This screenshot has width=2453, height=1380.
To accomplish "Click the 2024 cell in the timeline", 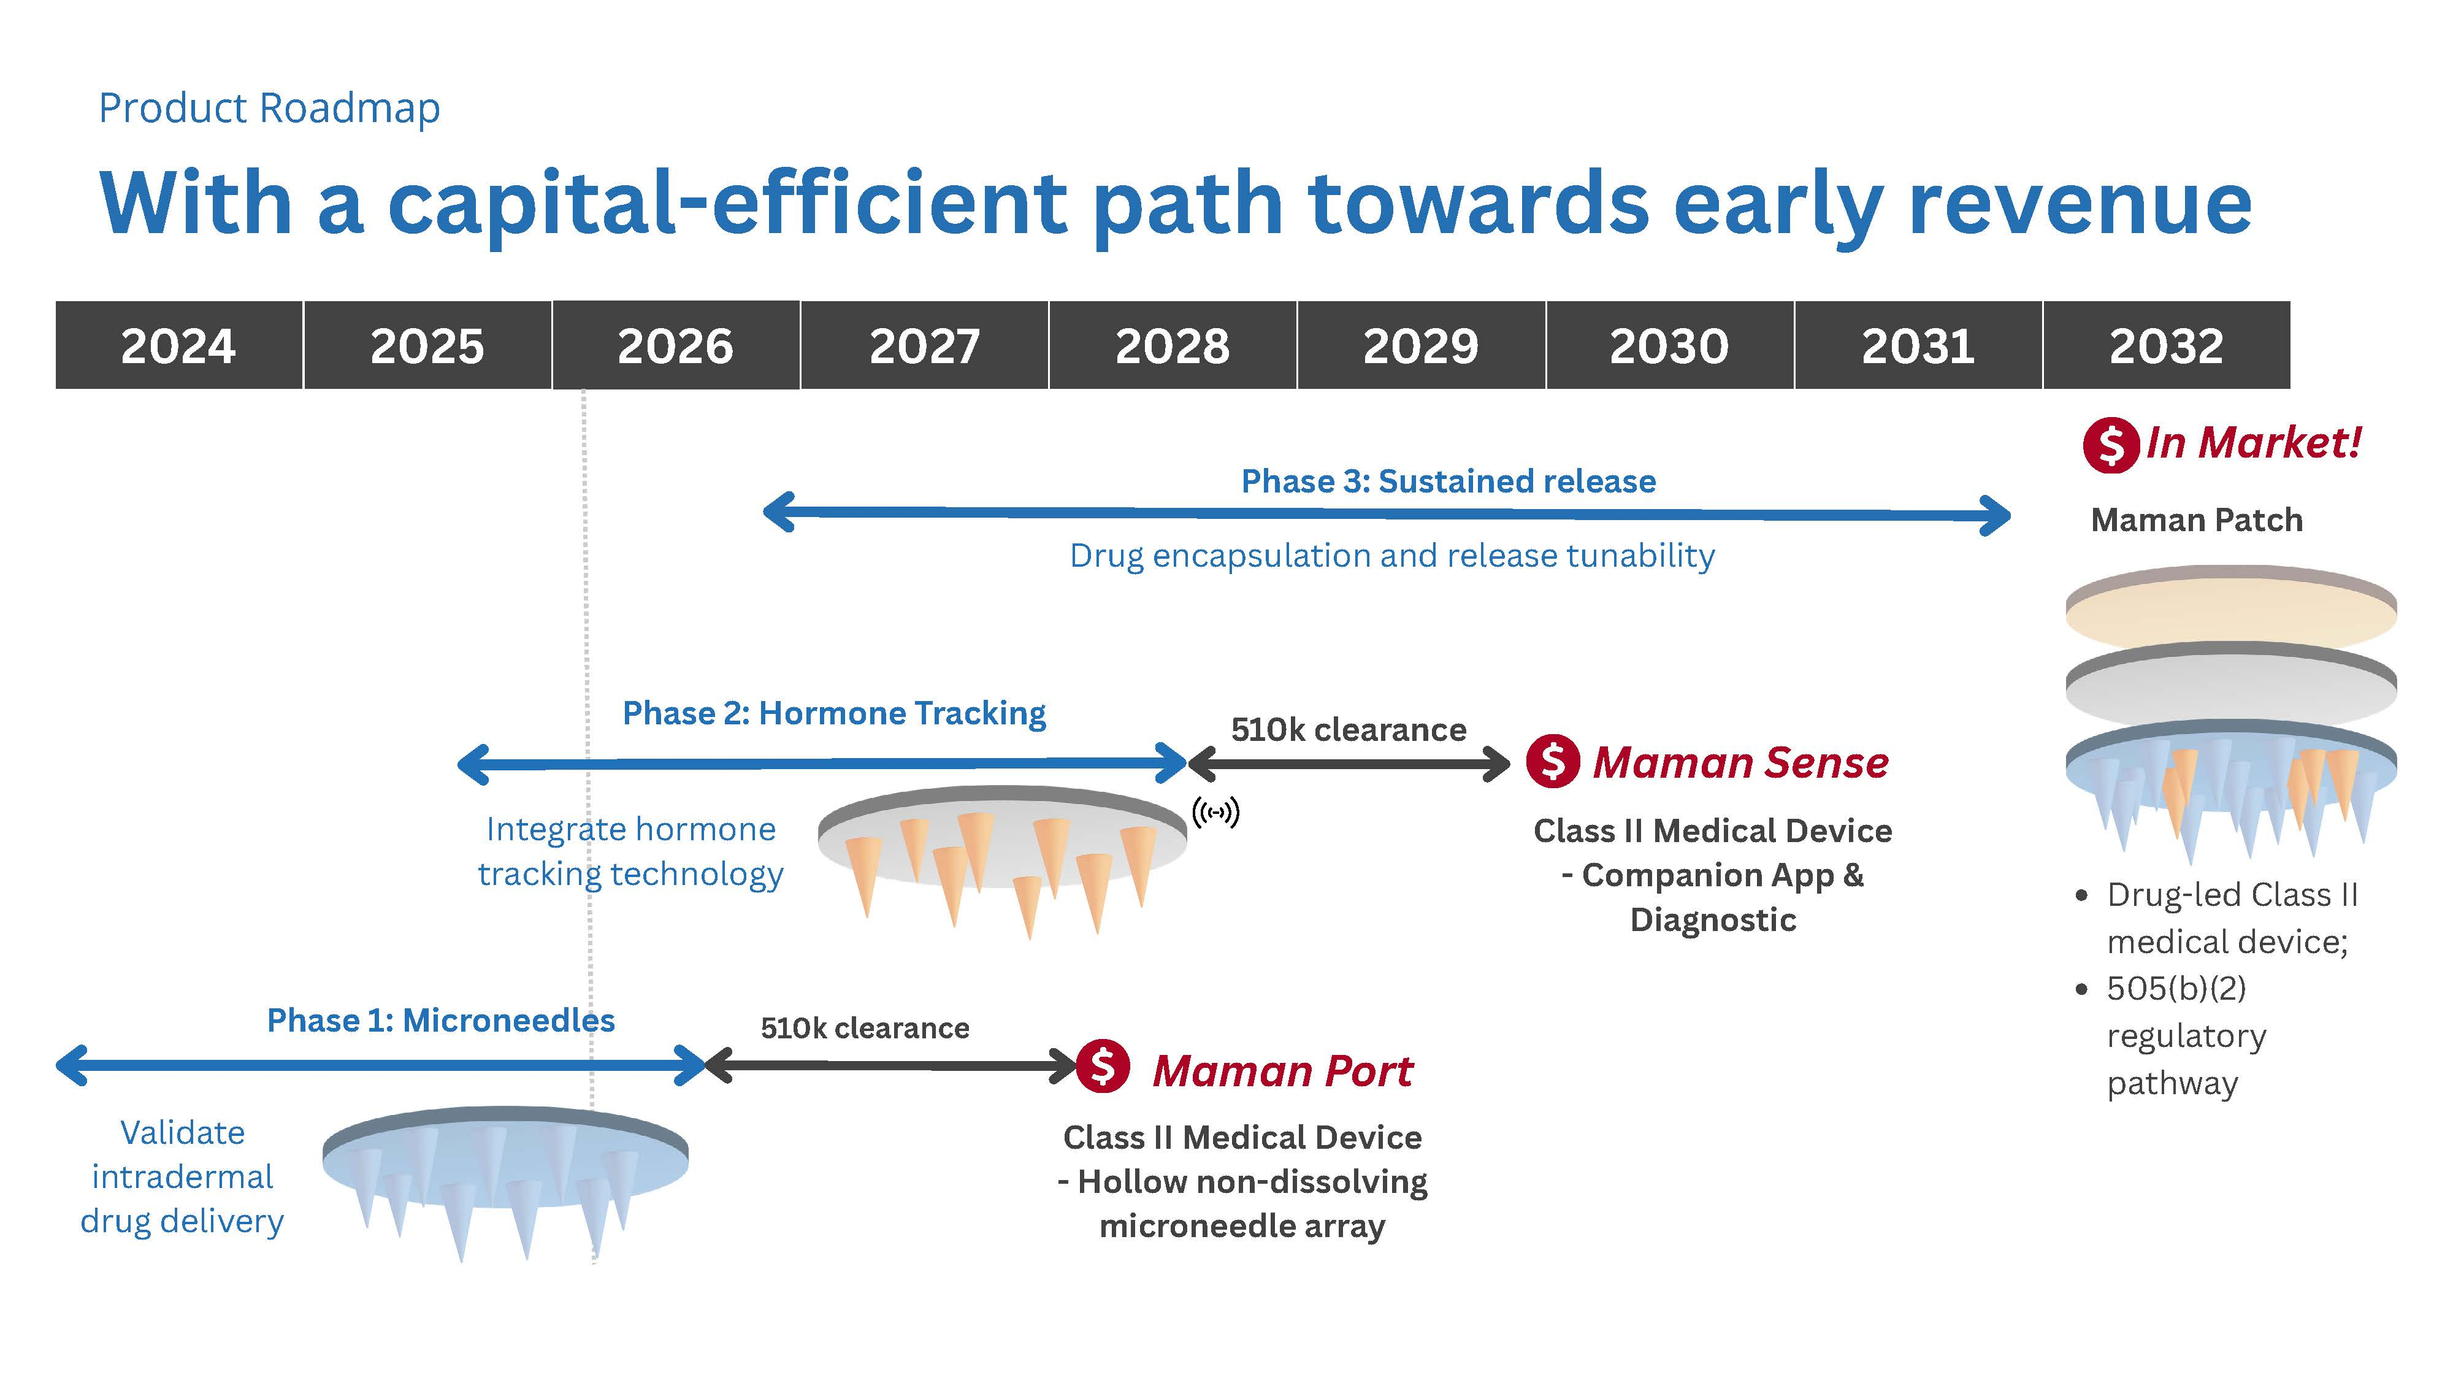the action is click(x=179, y=345).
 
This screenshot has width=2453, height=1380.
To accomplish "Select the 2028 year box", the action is click(x=1172, y=345).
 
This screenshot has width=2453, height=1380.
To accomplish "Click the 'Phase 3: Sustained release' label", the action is click(x=1448, y=481).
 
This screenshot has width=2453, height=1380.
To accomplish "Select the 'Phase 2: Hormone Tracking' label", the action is click(x=834, y=713).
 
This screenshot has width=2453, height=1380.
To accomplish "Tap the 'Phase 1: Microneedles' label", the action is click(x=441, y=1020).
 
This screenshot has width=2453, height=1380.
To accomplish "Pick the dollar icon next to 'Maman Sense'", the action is click(x=1553, y=761).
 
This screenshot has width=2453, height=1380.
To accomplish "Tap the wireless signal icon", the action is click(x=1216, y=813).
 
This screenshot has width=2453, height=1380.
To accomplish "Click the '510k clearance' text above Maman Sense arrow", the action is click(x=1349, y=729).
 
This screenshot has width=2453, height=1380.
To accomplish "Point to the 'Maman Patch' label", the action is click(x=2197, y=520).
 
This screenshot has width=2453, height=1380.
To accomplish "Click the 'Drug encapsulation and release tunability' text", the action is click(x=1392, y=555).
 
